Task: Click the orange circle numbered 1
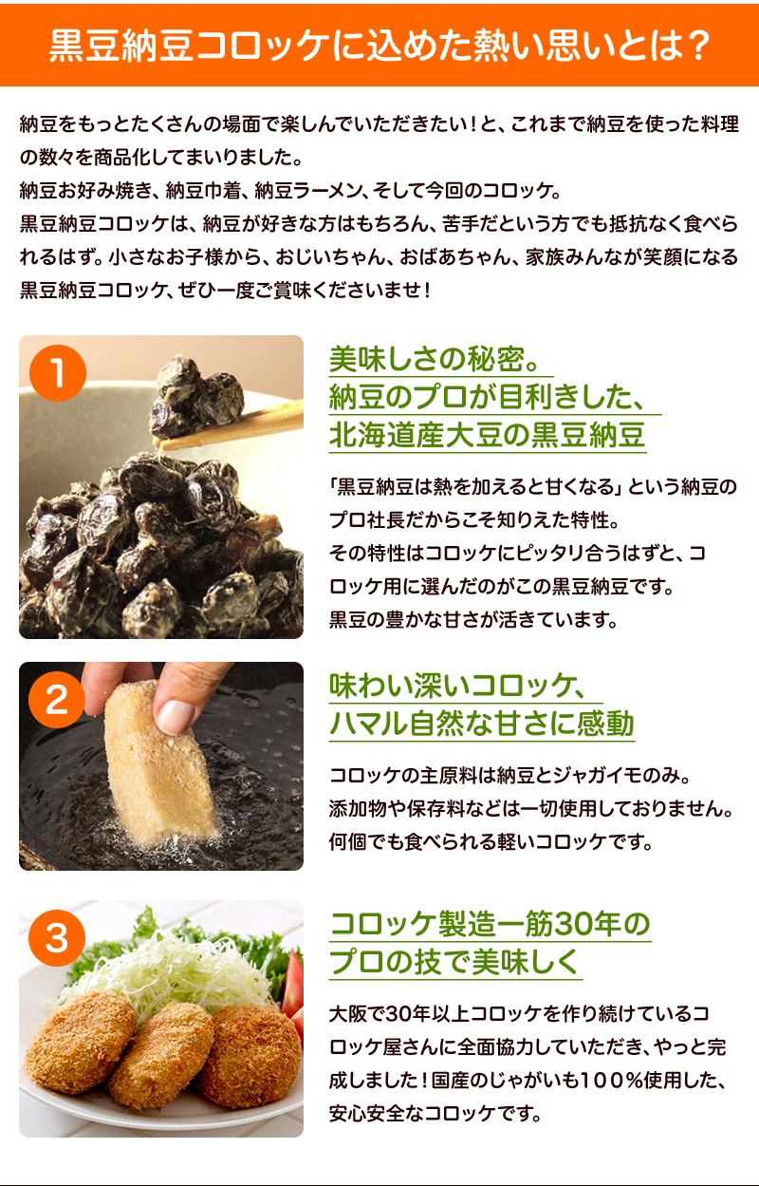coord(58,373)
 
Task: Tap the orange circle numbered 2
coord(57,700)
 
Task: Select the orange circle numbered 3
coord(57,937)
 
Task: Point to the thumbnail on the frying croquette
coord(176,718)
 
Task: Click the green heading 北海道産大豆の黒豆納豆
coord(487,435)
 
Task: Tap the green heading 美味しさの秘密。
coord(435,360)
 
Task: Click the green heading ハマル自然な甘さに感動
coord(481,724)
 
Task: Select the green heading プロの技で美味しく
coord(454,962)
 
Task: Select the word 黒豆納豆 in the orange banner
coord(121,46)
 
